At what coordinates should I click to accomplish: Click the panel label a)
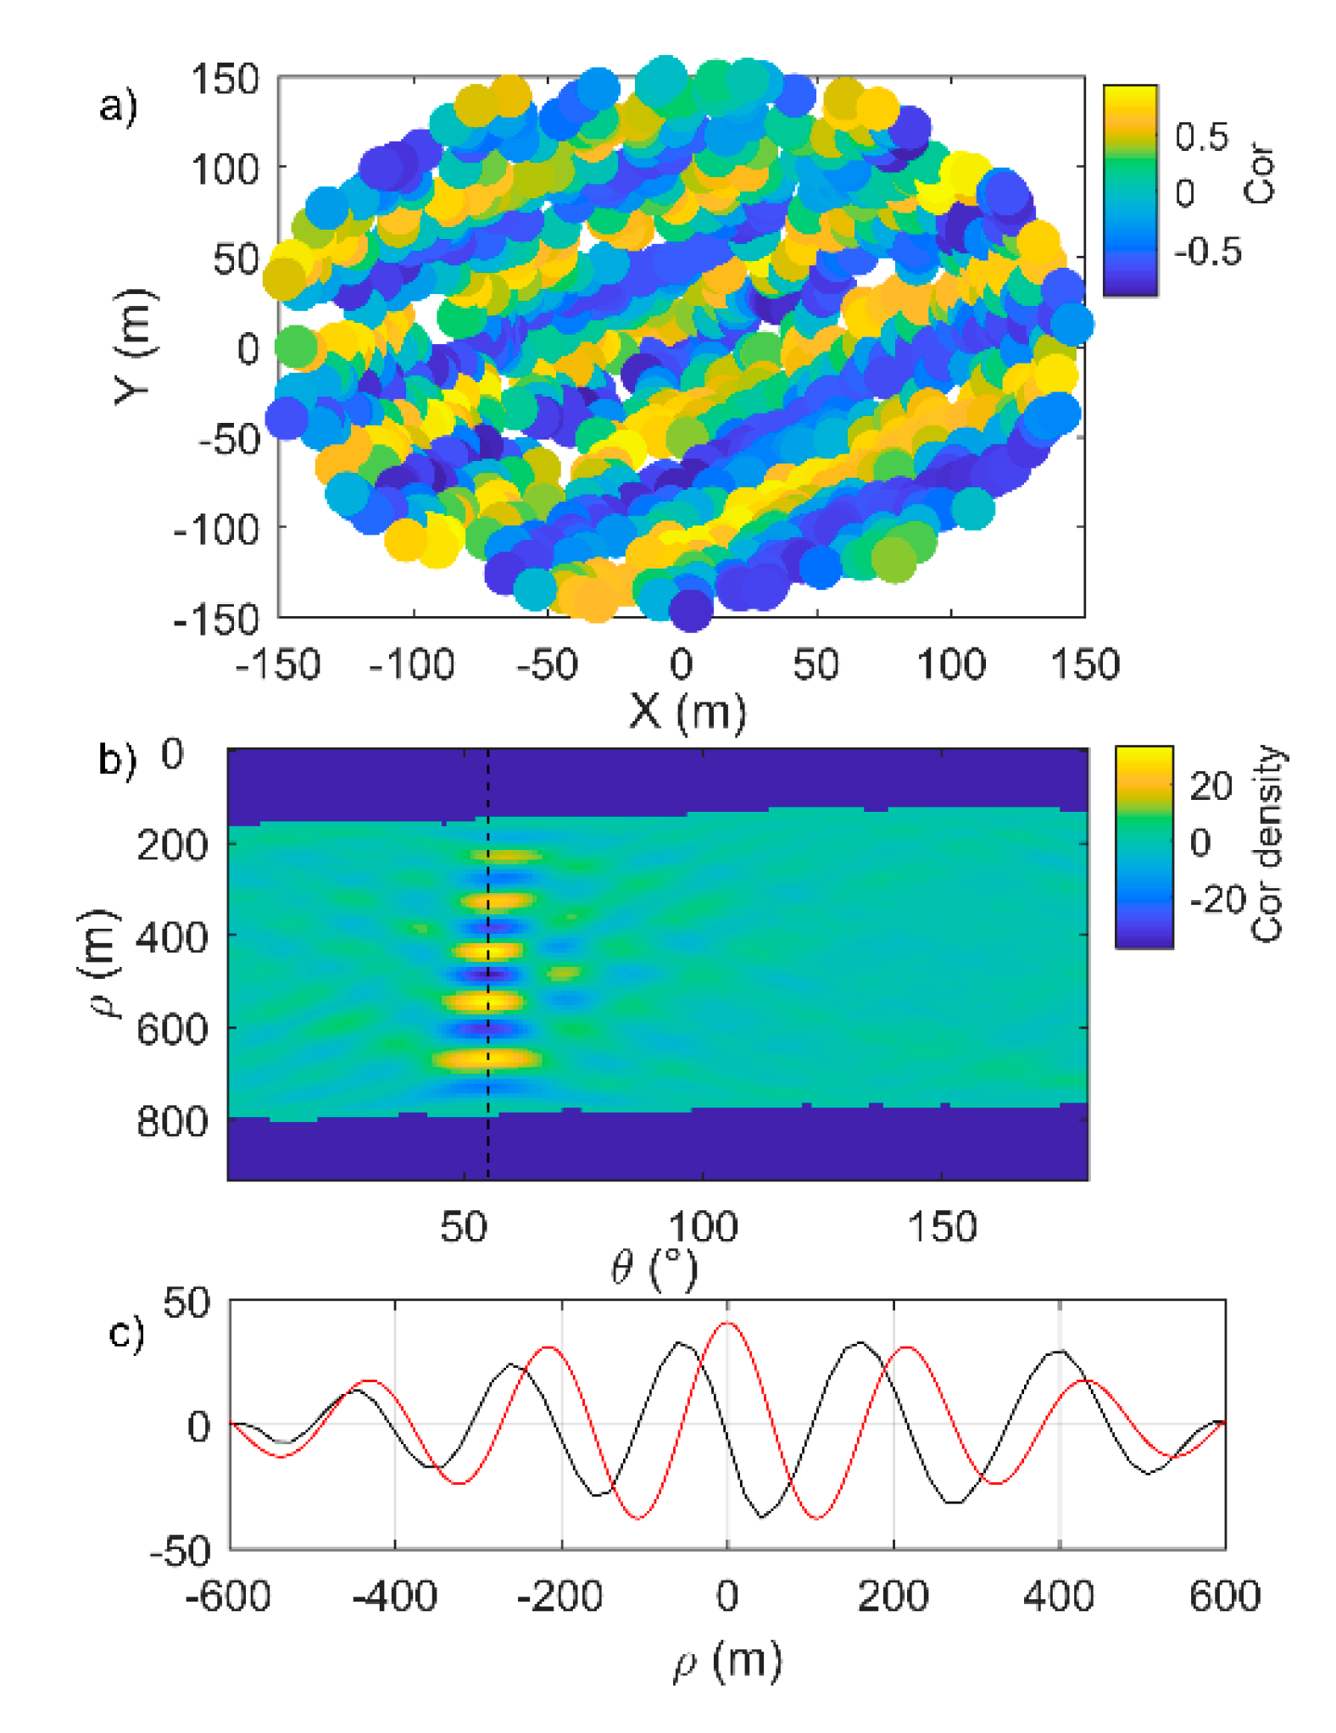117,108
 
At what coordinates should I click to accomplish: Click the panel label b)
117,758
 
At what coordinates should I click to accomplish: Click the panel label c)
127,1333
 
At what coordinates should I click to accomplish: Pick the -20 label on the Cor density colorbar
1217,900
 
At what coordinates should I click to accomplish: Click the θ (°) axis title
654,1269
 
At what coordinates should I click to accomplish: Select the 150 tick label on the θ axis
943,1227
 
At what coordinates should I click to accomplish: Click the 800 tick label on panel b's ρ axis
172,1121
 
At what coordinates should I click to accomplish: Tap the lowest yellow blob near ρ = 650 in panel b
487,1058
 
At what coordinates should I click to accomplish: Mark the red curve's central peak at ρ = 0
727,1324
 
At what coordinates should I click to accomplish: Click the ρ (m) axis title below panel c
727,1661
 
